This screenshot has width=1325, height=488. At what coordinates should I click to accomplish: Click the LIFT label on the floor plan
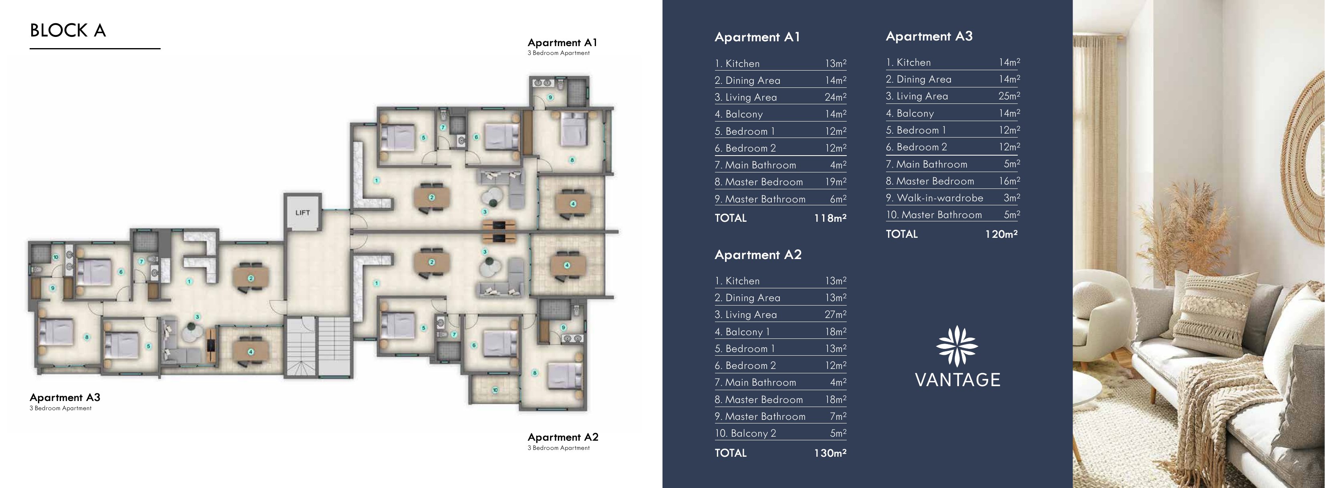[x=302, y=213]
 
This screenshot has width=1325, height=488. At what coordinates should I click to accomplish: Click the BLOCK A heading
[x=68, y=31]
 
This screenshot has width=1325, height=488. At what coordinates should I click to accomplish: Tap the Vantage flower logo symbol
[x=957, y=346]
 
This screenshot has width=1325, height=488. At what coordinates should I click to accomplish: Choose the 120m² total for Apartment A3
[x=1001, y=234]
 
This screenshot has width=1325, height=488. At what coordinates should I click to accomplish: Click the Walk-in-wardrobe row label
[x=940, y=198]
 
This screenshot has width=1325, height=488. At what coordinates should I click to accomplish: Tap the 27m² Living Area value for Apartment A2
[x=835, y=314]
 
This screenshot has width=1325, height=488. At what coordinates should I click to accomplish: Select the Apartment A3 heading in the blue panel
[x=929, y=36]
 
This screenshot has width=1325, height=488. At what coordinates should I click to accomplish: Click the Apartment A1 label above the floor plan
[x=562, y=43]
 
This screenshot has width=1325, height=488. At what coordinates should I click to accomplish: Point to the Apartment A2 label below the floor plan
[x=563, y=437]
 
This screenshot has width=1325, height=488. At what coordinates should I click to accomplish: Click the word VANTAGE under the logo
[x=957, y=380]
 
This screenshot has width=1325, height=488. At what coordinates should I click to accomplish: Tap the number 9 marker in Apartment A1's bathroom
[x=550, y=97]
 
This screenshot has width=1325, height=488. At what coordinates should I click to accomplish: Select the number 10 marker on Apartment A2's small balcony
[x=495, y=390]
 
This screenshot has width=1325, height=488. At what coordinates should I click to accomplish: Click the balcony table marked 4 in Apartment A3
[x=250, y=352]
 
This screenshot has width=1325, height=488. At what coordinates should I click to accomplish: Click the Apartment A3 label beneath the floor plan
[x=65, y=397]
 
